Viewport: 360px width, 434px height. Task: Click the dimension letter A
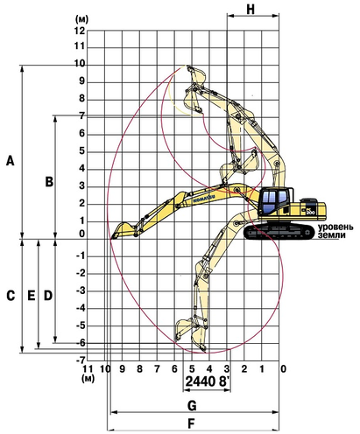pyautogui.click(x=11, y=161)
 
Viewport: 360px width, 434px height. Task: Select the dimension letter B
pyautogui.click(x=49, y=181)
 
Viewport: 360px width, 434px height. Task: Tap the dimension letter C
pyautogui.click(x=11, y=296)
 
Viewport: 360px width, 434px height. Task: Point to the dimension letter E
pyautogui.click(x=32, y=296)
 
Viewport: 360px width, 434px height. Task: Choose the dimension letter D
pyautogui.click(x=48, y=296)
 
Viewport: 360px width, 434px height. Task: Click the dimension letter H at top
pyautogui.click(x=251, y=9)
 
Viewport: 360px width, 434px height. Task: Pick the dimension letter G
pyautogui.click(x=192, y=405)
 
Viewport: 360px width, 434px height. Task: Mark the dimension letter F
pyautogui.click(x=191, y=423)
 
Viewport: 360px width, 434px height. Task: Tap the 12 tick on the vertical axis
pyautogui.click(x=80, y=31)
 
